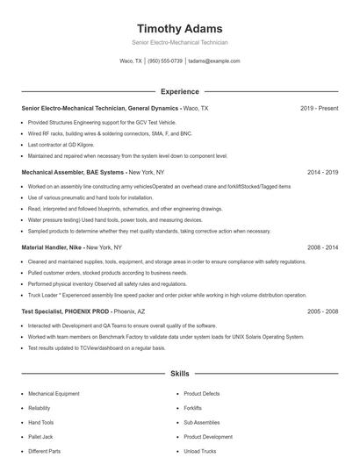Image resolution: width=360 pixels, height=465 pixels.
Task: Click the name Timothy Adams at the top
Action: click(179, 28)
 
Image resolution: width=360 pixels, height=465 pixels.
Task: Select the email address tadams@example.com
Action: click(213, 61)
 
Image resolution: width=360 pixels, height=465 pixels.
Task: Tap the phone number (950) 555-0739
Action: click(165, 61)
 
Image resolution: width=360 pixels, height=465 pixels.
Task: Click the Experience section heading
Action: click(179, 91)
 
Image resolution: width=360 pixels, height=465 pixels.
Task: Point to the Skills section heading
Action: click(179, 374)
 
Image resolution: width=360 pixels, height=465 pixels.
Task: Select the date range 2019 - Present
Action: click(319, 108)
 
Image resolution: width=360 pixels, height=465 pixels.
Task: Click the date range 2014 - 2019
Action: click(322, 172)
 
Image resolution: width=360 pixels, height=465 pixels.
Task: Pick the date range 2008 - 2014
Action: click(322, 247)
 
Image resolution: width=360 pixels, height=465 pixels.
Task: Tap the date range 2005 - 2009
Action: click(322, 311)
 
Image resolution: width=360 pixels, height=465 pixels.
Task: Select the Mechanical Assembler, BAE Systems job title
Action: click(74, 172)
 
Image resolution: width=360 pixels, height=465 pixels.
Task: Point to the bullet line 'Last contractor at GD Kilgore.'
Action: click(61, 144)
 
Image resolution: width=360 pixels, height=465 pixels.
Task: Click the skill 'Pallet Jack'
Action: click(41, 437)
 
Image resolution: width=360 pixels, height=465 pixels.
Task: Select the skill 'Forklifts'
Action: click(193, 409)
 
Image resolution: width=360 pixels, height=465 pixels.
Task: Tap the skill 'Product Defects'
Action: click(202, 395)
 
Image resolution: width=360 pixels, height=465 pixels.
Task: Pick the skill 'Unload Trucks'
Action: click(200, 451)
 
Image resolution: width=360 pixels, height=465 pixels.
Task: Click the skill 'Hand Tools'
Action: click(41, 423)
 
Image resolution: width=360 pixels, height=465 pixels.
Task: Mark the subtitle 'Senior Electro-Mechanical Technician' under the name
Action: click(179, 42)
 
